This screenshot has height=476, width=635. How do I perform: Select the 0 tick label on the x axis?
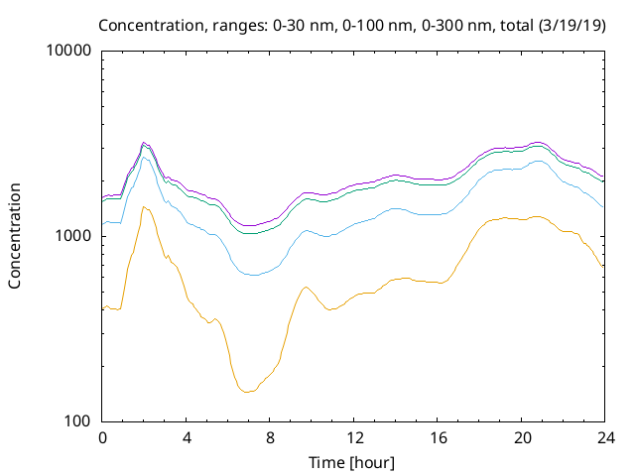[102, 438]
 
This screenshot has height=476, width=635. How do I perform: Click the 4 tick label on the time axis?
[186, 438]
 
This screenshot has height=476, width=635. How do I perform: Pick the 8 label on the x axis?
[270, 438]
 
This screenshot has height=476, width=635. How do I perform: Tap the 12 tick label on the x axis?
[354, 438]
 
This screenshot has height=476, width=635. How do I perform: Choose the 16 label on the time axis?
[438, 438]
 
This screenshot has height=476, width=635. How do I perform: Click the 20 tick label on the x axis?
[522, 438]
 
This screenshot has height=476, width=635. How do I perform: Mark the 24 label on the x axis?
[605, 438]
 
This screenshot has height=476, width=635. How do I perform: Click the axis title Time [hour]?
[351, 462]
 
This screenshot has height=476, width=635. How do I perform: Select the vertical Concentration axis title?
[15, 236]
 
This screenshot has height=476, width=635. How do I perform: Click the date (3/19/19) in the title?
[572, 25]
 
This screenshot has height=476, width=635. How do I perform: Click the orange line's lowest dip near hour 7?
[246, 393]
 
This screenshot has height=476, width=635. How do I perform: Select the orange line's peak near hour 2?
[143, 207]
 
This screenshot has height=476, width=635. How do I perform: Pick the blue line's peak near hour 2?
[143, 157]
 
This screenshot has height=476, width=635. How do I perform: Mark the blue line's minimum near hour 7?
[254, 276]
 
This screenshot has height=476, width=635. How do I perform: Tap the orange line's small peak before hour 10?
[307, 287]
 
